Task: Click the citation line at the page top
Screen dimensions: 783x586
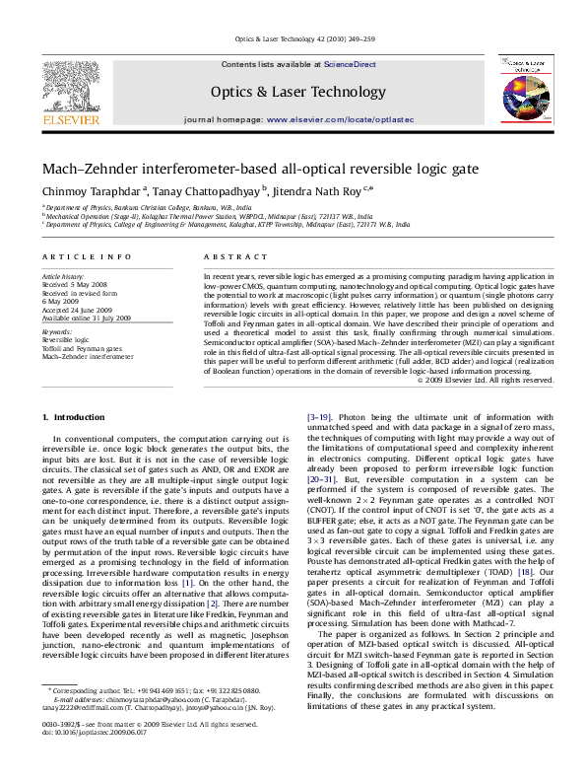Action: pos(293,39)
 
